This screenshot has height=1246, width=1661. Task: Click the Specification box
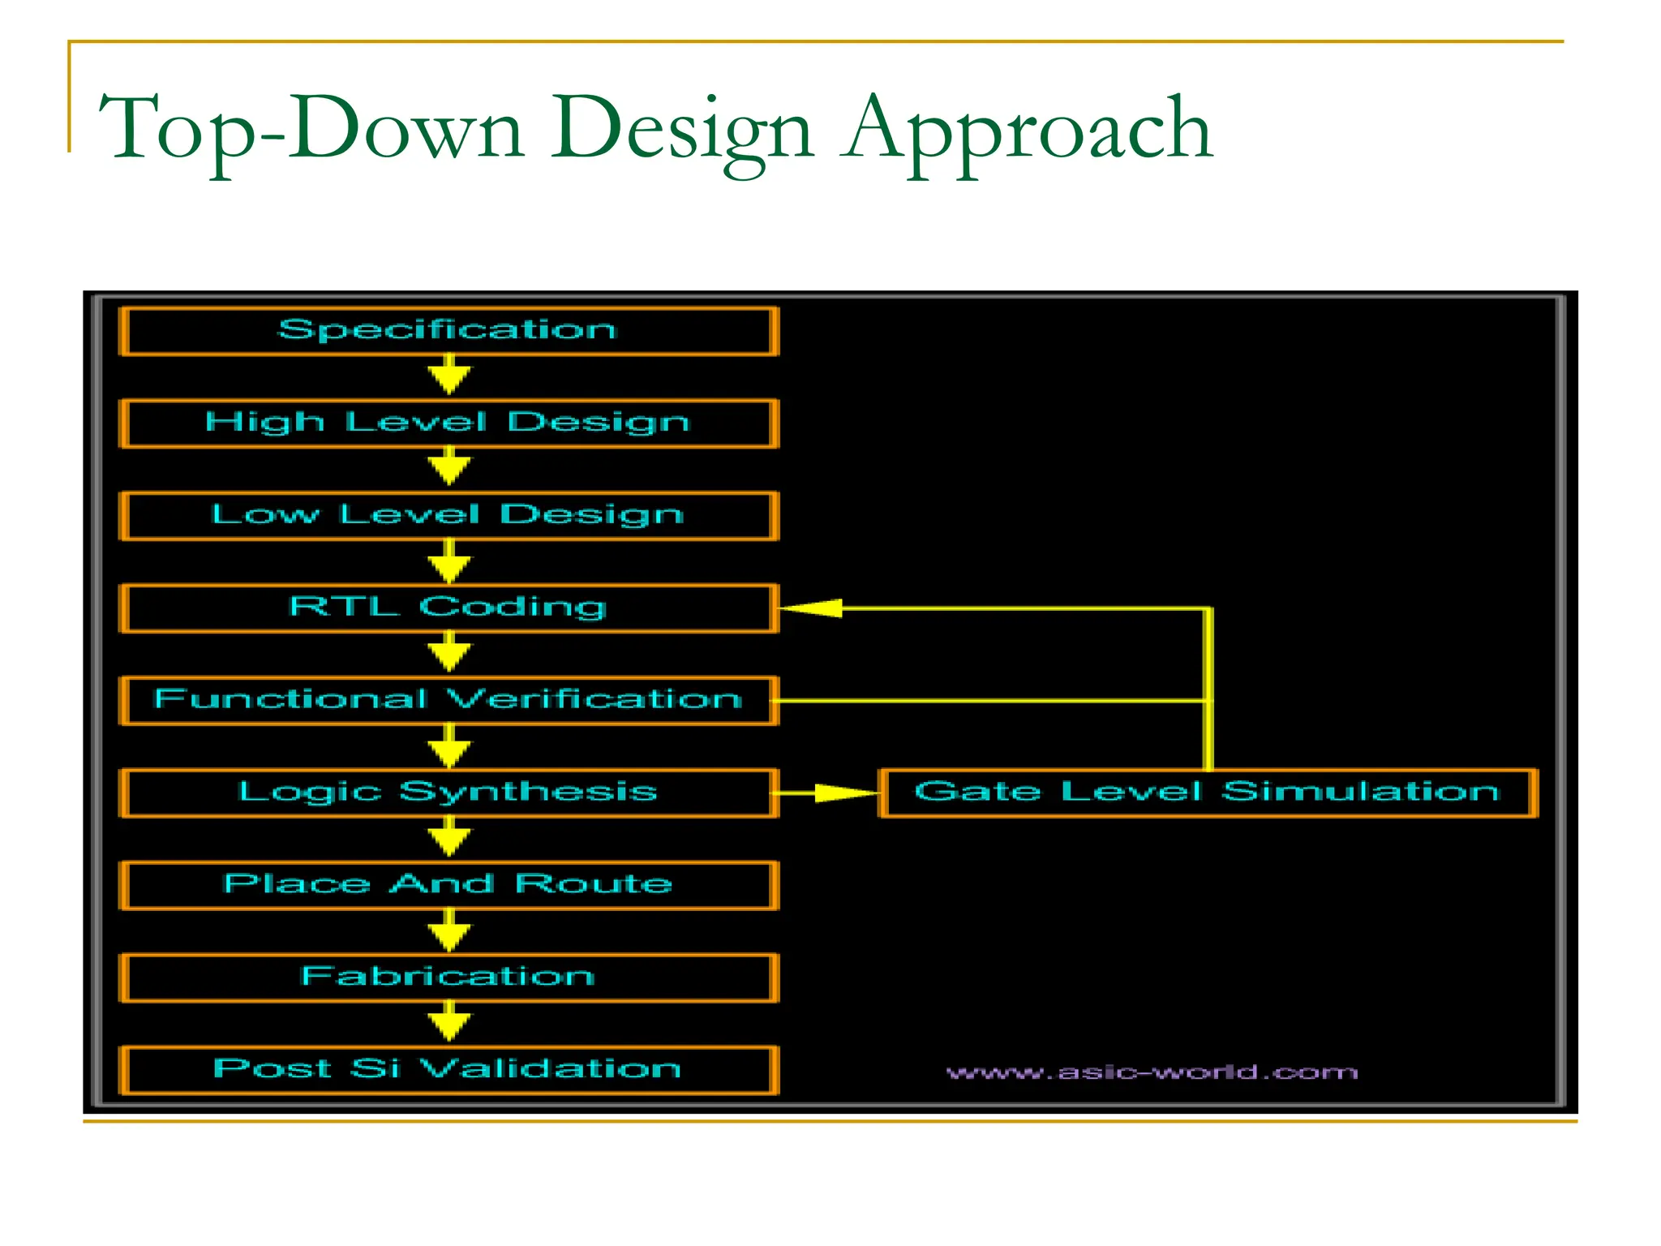[449, 331]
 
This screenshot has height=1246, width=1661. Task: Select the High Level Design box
[449, 423]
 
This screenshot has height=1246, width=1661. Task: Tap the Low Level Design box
[449, 516]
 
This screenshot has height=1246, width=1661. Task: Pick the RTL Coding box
[449, 608]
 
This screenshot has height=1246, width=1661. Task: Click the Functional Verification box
[449, 701]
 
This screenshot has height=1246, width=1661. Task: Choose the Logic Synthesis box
[449, 793]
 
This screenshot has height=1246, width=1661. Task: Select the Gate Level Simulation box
[1208, 793]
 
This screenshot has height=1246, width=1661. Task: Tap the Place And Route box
[449, 886]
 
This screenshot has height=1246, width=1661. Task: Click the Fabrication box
[449, 978]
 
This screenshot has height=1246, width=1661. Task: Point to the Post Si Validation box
[449, 1071]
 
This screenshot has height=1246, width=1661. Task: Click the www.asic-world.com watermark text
[1152, 1073]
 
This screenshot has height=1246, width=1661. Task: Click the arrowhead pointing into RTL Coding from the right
[811, 608]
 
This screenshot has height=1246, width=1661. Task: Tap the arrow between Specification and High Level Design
[449, 376]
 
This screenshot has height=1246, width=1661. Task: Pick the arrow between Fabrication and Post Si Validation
[449, 1024]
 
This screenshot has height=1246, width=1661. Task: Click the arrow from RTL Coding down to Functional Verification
[449, 654]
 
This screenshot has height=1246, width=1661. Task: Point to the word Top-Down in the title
[312, 130]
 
